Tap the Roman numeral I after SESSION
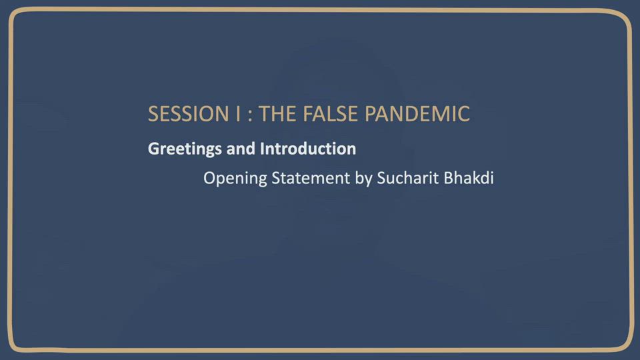pos(238,114)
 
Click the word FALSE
pos(330,114)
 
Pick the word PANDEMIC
pos(417,114)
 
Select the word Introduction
pos(308,149)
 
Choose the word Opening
pos(235,179)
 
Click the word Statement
pos(311,179)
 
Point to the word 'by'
pos(363,179)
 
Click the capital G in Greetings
pos(153,149)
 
